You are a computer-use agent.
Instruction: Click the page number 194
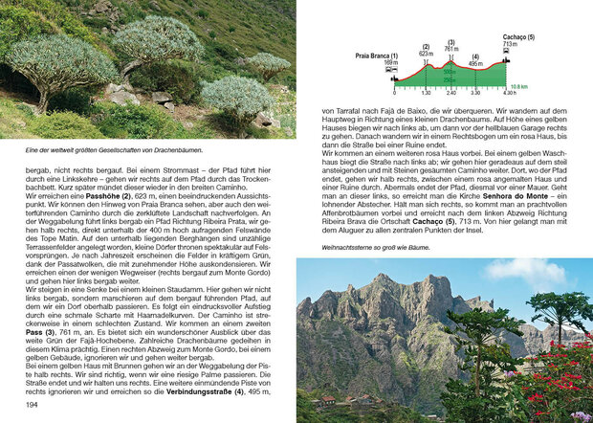(32, 405)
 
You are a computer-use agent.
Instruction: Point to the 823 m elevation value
(426, 54)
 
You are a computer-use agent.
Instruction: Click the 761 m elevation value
(451, 48)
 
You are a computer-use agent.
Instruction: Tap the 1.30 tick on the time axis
(426, 93)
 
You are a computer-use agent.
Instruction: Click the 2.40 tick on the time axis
(451, 93)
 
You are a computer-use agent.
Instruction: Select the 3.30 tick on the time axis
(475, 93)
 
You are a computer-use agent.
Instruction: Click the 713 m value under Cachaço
(509, 44)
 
